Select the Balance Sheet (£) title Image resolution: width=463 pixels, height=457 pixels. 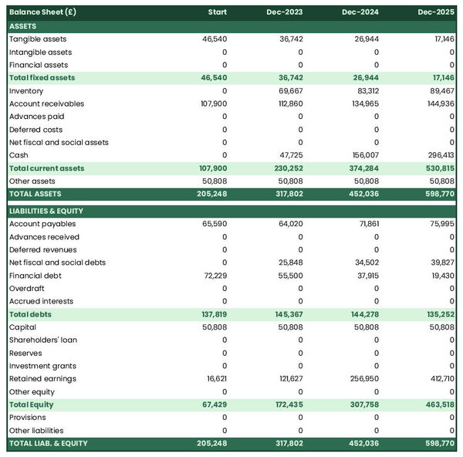tap(45, 12)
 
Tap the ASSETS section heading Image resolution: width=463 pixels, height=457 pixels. tap(22, 26)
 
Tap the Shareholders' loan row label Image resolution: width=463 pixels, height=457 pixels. tap(43, 340)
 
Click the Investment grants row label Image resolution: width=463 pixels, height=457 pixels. tap(42, 366)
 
